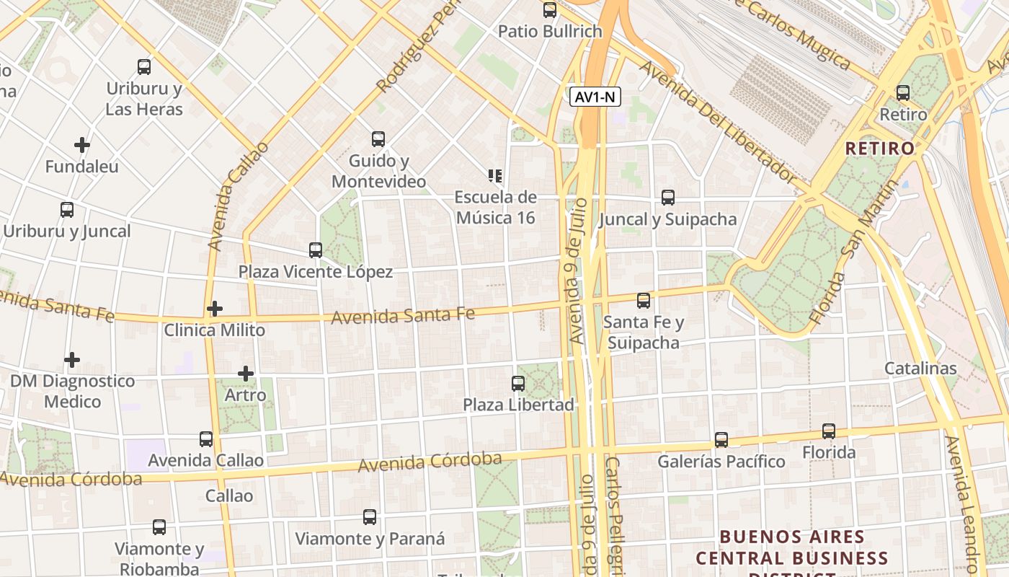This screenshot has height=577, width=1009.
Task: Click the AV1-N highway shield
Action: pyautogui.click(x=595, y=97)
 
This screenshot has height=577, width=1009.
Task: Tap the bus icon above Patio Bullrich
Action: pyautogui.click(x=550, y=10)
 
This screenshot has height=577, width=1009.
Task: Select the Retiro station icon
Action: pyautogui.click(x=903, y=93)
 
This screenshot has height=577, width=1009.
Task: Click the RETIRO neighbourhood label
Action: pyautogui.click(x=879, y=149)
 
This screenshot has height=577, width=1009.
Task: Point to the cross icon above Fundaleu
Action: pyautogui.click(x=82, y=145)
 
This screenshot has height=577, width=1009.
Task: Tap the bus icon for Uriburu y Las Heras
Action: pyautogui.click(x=144, y=67)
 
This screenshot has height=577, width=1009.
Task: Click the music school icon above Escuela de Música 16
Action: pyautogui.click(x=495, y=175)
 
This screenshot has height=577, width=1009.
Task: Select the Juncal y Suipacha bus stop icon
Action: pyautogui.click(x=668, y=198)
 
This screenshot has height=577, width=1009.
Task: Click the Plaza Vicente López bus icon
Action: pyautogui.click(x=316, y=250)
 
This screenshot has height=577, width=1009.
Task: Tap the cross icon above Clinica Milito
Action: pyautogui.click(x=214, y=309)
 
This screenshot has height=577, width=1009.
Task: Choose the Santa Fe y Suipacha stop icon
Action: pyautogui.click(x=644, y=300)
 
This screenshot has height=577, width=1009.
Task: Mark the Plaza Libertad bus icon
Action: pyautogui.click(x=518, y=384)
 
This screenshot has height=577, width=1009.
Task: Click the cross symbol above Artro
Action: pyautogui.click(x=246, y=374)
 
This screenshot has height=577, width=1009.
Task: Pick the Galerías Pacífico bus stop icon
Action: pyautogui.click(x=721, y=440)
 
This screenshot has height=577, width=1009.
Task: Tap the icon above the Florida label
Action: pyautogui.click(x=829, y=431)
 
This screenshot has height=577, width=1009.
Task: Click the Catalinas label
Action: pyautogui.click(x=920, y=369)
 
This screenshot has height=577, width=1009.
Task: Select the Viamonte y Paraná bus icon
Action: pyautogui.click(x=370, y=517)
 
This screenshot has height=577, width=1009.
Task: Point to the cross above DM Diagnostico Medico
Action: pyautogui.click(x=72, y=359)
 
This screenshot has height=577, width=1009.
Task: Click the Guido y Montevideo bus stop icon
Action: pyautogui.click(x=378, y=139)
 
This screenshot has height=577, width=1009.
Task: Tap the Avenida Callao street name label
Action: pyautogui.click(x=238, y=196)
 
